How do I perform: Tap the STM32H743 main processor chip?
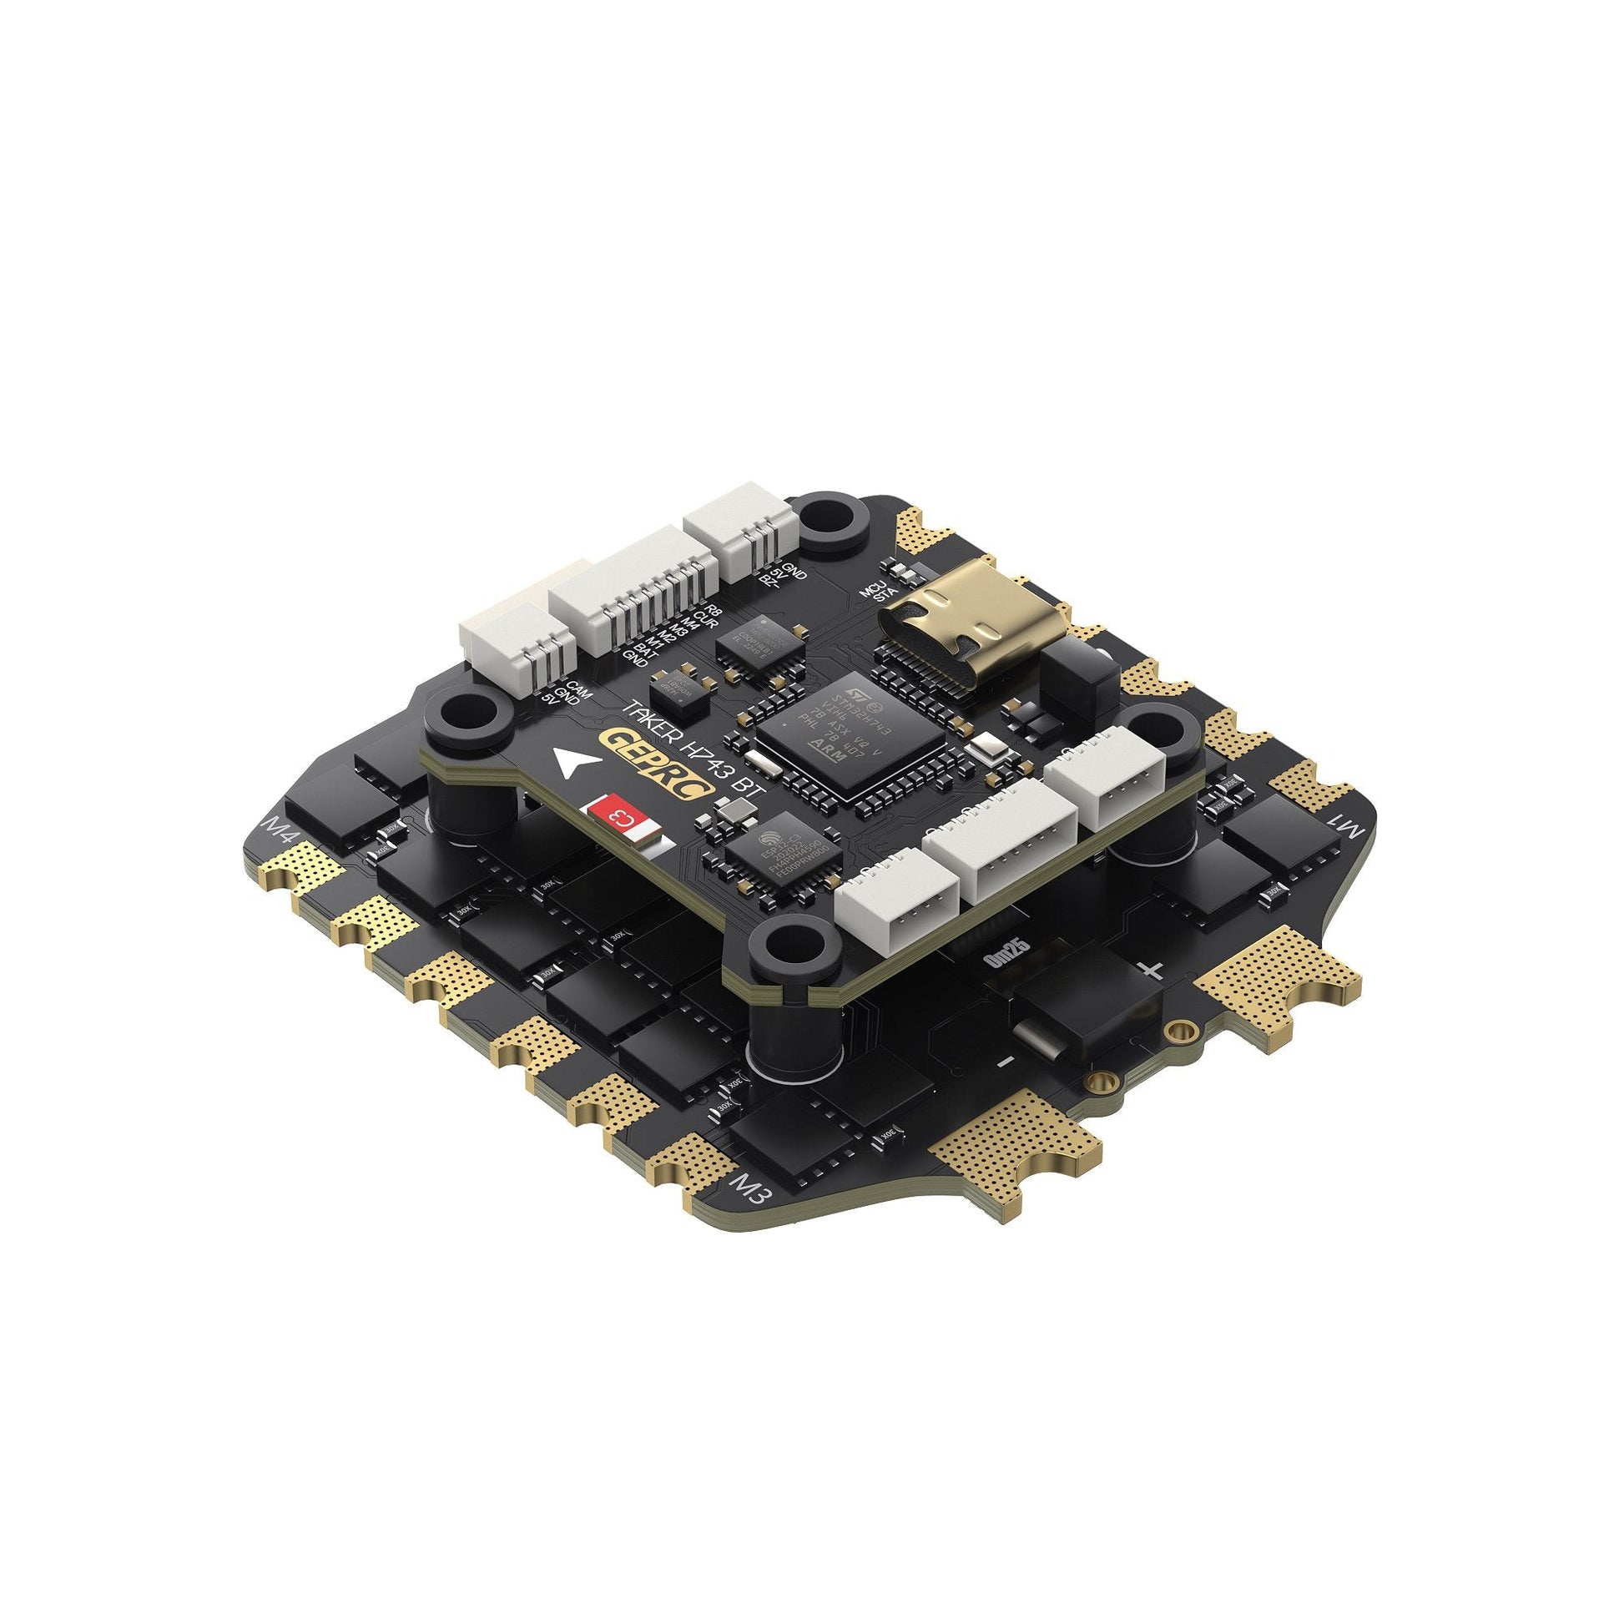pyautogui.click(x=851, y=733)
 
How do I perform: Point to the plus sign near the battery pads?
pyautogui.click(x=1154, y=971)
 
